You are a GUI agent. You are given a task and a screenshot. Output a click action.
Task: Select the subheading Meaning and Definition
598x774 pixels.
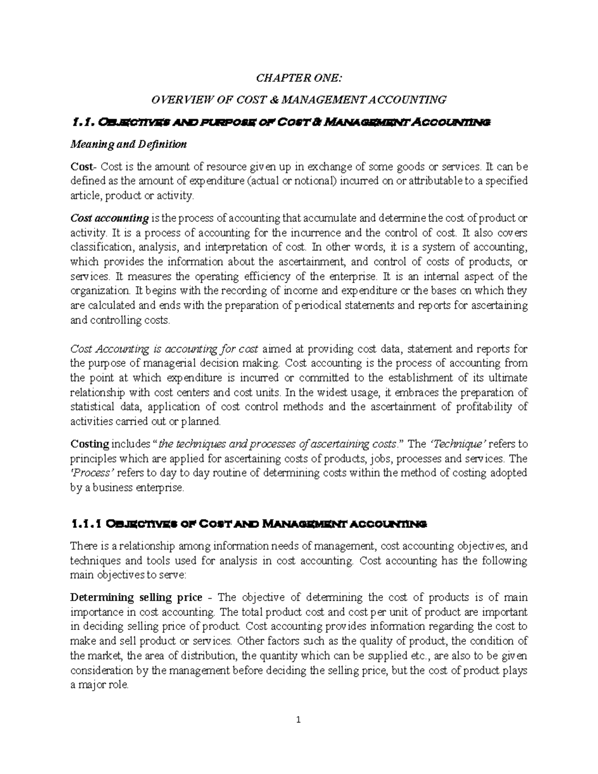pos(129,145)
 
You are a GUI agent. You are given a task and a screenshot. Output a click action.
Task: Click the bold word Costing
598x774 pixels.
pos(90,444)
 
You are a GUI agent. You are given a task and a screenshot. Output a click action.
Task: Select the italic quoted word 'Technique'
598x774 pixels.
pos(457,444)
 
